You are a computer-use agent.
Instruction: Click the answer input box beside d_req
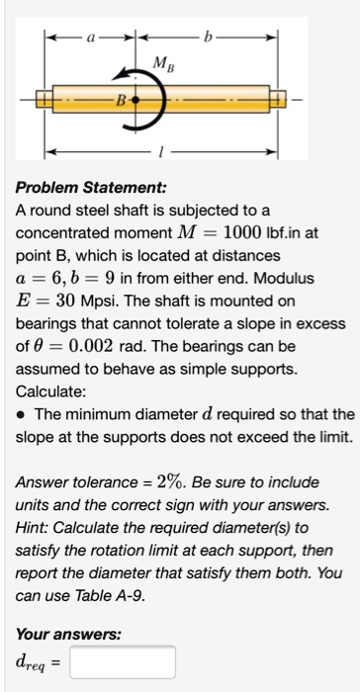[x=122, y=661]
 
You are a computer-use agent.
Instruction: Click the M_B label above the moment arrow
[x=159, y=65]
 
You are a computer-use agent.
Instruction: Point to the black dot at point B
[x=136, y=100]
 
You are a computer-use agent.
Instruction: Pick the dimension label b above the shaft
[x=208, y=43]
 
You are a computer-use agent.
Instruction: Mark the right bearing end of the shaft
[x=279, y=100]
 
